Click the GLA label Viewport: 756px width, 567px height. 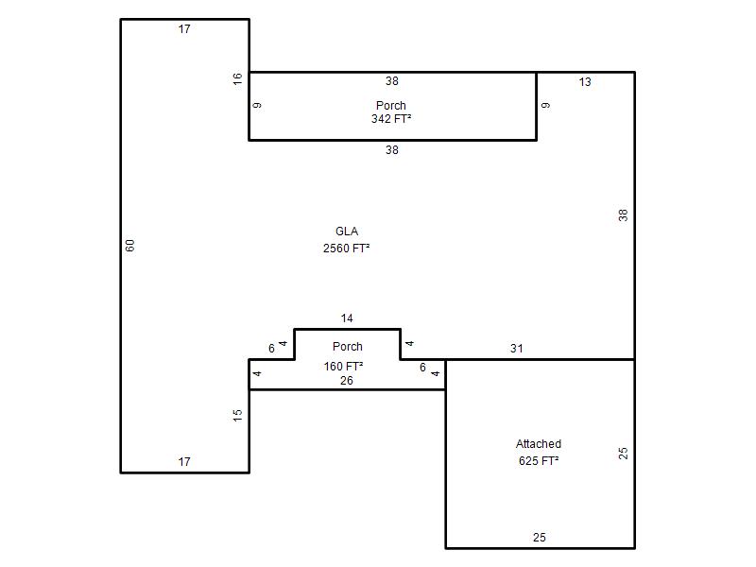[347, 232]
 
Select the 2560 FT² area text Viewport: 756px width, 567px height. [346, 248]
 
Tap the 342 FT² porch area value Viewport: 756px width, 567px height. [391, 119]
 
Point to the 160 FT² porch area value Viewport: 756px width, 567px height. [343, 367]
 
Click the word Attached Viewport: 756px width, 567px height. [539, 443]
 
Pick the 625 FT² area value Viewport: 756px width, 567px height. [539, 460]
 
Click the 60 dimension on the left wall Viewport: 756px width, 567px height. [130, 246]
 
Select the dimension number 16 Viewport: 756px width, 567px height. [237, 79]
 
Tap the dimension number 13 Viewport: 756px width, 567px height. [585, 82]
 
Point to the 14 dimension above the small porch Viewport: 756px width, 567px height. [347, 318]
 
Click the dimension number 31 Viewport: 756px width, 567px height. [516, 348]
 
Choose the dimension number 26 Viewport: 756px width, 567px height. [347, 381]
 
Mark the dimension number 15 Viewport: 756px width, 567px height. [237, 416]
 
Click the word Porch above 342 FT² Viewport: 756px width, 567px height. [391, 105]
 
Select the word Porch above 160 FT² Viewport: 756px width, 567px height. [348, 346]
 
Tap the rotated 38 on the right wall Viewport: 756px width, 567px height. [623, 215]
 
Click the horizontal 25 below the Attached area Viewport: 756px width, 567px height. [540, 537]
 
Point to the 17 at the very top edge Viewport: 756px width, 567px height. [184, 29]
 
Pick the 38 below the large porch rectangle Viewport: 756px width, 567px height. [392, 150]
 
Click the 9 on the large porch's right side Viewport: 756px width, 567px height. [545, 105]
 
